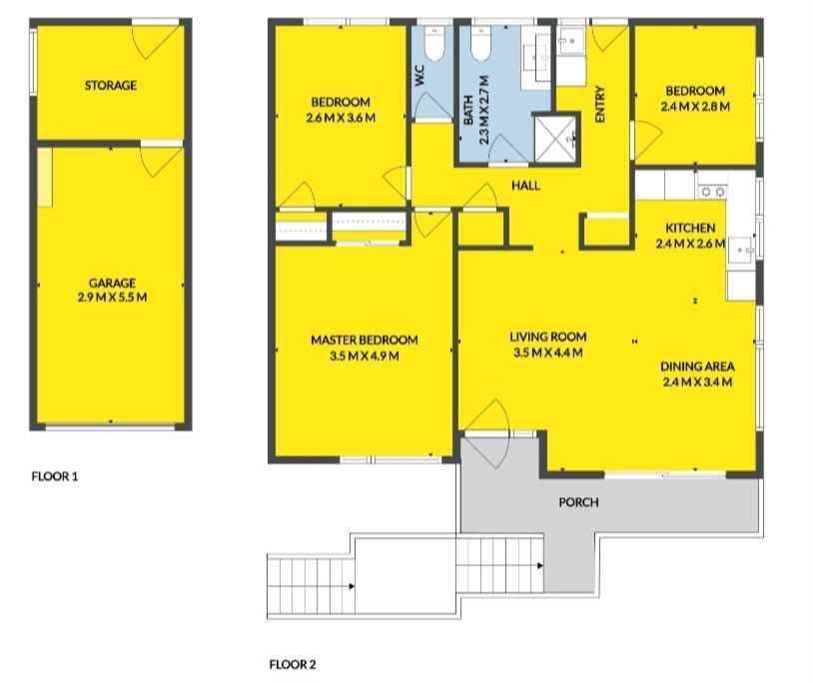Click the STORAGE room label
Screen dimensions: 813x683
[111, 85]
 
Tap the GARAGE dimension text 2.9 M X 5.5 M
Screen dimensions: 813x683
[112, 298]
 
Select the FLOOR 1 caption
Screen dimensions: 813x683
[55, 476]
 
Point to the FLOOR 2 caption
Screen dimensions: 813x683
[293, 664]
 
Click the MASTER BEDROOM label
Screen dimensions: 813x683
[364, 340]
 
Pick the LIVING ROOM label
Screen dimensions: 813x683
[548, 337]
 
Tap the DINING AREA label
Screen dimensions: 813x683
[697, 366]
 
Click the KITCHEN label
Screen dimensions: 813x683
[690, 228]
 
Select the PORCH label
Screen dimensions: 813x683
[578, 502]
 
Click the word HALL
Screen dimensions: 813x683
[525, 186]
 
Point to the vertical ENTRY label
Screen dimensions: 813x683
[600, 105]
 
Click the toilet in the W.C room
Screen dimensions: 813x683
[432, 43]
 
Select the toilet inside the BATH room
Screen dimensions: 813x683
[480, 43]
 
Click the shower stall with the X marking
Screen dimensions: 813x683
[555, 139]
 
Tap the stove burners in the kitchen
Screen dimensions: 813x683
[712, 193]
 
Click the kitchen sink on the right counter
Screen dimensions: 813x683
[742, 251]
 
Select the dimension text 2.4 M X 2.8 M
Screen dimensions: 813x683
[695, 107]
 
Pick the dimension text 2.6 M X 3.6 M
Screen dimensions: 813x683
[341, 118]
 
